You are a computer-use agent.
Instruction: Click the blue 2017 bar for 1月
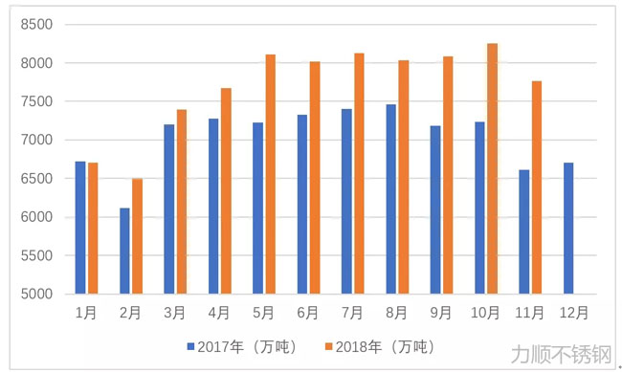click(80, 228)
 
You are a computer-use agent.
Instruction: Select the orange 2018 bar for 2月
click(137, 236)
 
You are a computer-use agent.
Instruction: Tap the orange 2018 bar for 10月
click(493, 168)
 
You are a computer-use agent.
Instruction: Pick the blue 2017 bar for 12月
click(568, 228)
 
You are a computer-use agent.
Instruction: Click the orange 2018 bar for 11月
click(537, 187)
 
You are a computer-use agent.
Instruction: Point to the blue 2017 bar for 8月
click(390, 199)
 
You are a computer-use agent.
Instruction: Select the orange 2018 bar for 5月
click(270, 174)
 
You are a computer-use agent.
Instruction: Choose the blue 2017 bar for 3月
click(168, 208)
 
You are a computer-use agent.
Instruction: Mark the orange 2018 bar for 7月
click(359, 173)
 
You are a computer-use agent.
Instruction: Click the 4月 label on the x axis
click(219, 312)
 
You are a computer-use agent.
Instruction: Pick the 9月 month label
click(441, 312)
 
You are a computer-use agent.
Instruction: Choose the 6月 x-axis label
click(308, 312)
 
